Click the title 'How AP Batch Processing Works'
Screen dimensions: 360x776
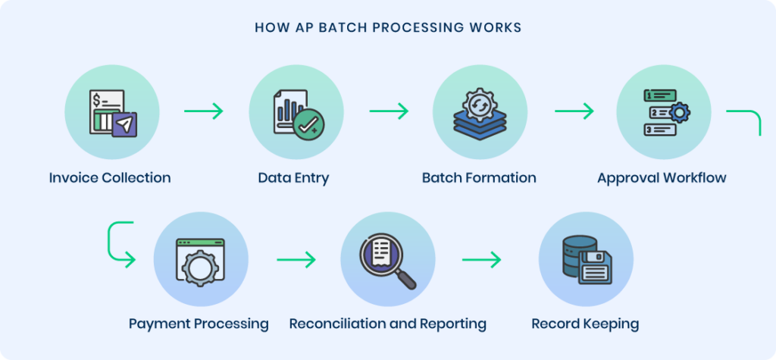pos(387,28)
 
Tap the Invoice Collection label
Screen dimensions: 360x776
pos(110,178)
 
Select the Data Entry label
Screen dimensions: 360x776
pos(293,178)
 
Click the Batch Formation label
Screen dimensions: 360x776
pos(479,178)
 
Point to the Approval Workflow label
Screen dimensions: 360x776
pos(662,178)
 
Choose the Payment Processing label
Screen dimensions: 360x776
pos(199,324)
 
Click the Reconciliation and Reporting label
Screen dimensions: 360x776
pos(387,324)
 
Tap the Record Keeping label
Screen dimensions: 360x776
pos(585,324)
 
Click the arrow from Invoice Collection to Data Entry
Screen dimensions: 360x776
pos(204,111)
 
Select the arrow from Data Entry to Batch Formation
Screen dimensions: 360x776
pos(389,111)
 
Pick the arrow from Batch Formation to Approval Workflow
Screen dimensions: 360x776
pos(574,111)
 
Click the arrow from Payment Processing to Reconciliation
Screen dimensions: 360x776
pos(296,260)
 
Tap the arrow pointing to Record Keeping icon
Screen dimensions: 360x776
pos(481,260)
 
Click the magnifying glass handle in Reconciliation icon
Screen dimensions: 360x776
pos(407,280)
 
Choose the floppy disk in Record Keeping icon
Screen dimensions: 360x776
pos(595,268)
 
